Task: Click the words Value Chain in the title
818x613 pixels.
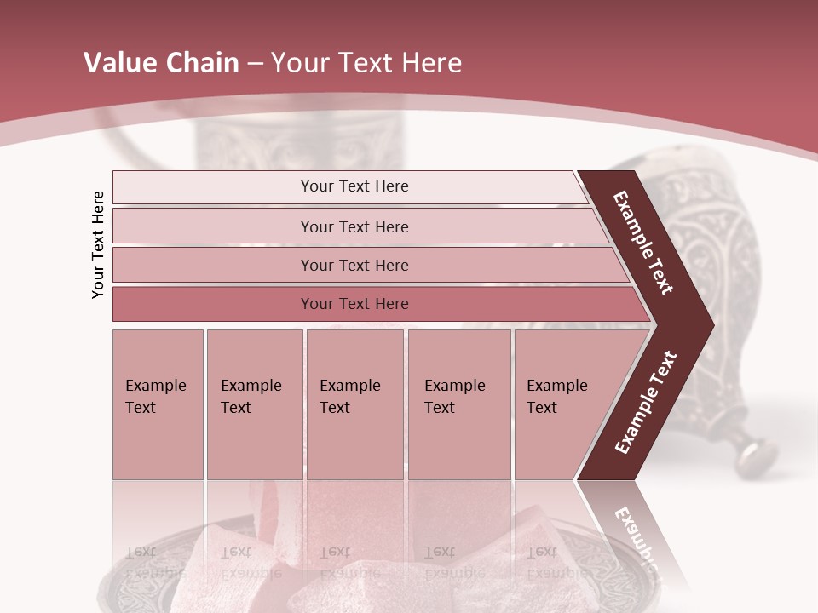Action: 161,63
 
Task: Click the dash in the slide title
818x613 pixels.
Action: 255,64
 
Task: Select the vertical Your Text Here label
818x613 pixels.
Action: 98,244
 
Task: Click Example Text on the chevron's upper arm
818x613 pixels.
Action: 643,243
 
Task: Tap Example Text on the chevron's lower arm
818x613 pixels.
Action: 645,402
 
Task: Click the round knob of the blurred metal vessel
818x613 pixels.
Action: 758,452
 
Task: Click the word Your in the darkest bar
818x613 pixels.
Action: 317,304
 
